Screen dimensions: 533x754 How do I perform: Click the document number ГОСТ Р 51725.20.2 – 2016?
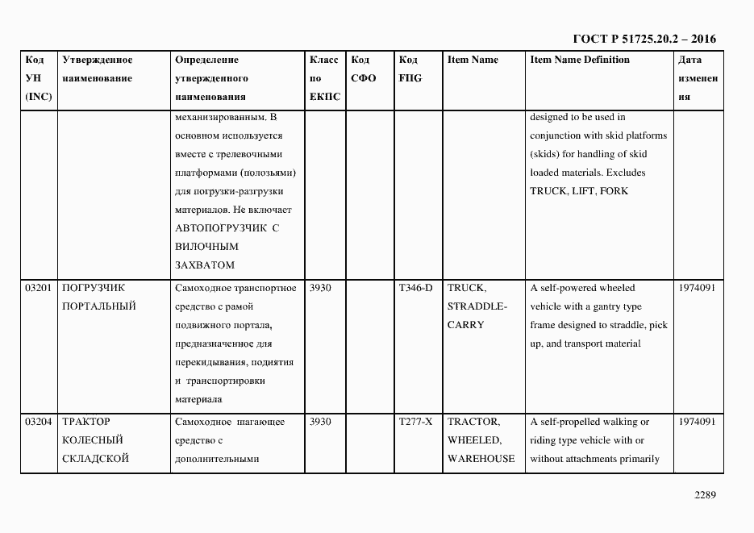pos(644,39)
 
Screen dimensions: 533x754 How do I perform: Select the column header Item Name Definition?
pos(580,60)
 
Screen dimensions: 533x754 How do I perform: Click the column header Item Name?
pos(473,60)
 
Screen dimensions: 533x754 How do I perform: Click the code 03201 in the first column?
pos(39,288)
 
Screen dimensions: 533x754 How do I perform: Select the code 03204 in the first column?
pos(39,422)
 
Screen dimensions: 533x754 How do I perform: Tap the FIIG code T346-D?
pos(415,288)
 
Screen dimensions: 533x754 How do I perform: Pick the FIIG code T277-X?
pos(415,422)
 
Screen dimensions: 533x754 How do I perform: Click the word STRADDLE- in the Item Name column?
pos(477,306)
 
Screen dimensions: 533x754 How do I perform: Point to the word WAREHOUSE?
pos(481,459)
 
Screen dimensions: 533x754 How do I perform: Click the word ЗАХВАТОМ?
pos(204,264)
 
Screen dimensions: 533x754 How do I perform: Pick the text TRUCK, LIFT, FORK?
pos(579,191)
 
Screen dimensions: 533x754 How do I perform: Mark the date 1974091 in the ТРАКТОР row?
pos(697,422)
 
